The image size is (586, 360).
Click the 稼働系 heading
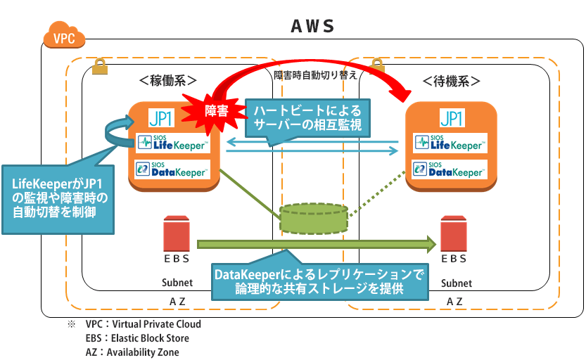click(x=167, y=80)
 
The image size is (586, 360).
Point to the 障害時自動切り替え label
click(x=315, y=73)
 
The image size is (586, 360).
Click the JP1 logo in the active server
click(x=161, y=117)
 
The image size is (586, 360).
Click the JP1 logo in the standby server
click(x=450, y=117)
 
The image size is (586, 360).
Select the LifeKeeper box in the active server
click(x=172, y=143)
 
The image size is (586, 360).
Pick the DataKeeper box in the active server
click(x=172, y=169)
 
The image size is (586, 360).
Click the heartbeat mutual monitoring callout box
click(x=307, y=117)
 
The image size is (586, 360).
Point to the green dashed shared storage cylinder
click(x=314, y=217)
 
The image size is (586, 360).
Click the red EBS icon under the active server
click(x=177, y=234)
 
